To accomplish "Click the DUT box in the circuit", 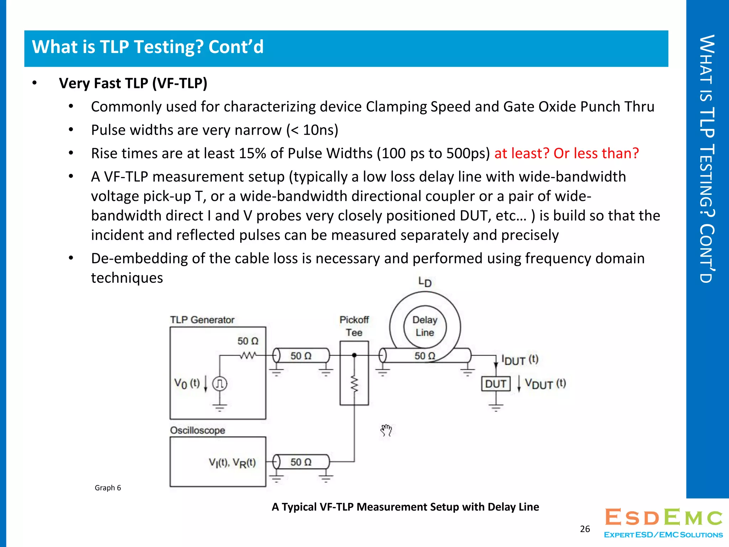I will click(495, 384).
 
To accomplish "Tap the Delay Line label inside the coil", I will click(425, 326).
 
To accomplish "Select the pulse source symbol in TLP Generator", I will click(220, 384).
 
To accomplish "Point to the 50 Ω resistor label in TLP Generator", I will click(248, 341).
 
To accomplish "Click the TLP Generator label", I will click(202, 320).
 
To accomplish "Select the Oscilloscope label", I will click(198, 430).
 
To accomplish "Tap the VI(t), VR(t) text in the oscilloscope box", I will click(232, 463).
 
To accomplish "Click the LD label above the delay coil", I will click(425, 282).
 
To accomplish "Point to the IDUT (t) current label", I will click(520, 360).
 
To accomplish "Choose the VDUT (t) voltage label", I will click(545, 384).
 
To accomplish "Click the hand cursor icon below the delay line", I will click(386, 430).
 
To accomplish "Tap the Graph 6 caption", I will click(108, 488).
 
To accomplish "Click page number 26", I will click(585, 529).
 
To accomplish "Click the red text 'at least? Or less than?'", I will click(566, 153).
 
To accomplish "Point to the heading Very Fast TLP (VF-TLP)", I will click(133, 83).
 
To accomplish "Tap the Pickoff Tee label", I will click(354, 326).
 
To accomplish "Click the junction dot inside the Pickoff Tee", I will click(354, 355).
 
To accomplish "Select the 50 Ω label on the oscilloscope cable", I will click(301, 462).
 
